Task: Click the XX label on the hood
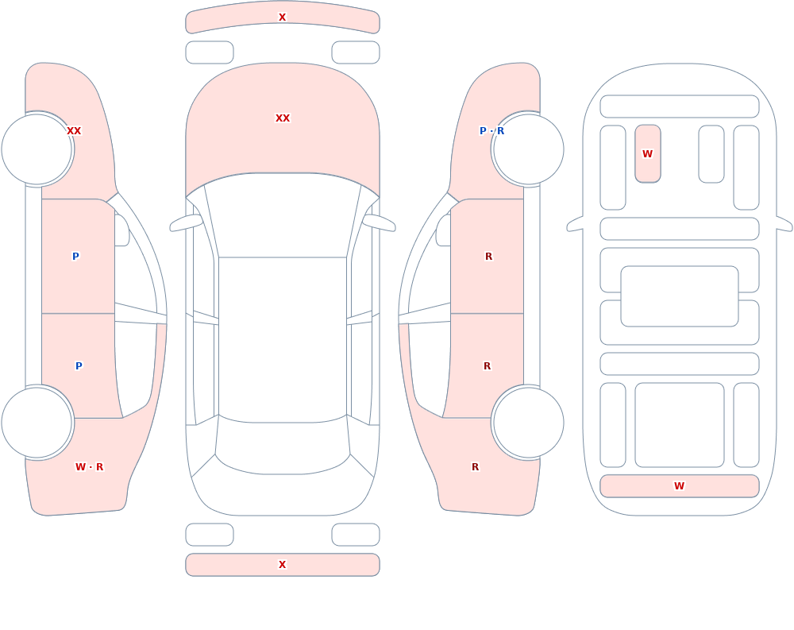283,118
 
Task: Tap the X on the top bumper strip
283,17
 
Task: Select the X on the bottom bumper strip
283,565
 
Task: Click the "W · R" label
89,467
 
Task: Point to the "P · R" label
491,131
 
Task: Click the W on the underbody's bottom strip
679,486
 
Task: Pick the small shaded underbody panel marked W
648,153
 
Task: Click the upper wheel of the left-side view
37,149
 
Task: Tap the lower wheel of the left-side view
37,422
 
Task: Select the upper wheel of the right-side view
528,149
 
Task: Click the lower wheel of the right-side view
528,422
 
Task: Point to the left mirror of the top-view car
186,223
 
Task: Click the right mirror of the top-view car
379,223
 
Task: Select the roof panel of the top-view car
283,338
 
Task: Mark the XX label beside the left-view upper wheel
74,131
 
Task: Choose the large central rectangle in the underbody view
680,296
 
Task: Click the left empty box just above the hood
210,52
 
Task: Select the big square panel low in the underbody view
680,425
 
